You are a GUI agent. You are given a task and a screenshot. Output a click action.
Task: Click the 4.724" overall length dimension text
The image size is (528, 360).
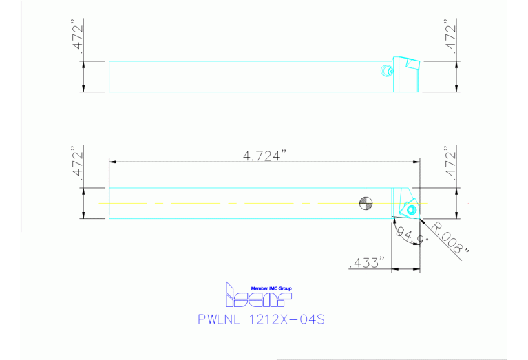tap(264, 156)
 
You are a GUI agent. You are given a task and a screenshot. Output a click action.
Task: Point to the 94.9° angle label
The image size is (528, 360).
tap(412, 237)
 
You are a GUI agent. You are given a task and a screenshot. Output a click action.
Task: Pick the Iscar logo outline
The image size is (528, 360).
tap(258, 295)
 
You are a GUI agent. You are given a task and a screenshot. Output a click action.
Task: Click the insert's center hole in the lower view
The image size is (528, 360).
tap(411, 209)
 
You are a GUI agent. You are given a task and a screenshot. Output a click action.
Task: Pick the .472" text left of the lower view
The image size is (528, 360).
tap(77, 162)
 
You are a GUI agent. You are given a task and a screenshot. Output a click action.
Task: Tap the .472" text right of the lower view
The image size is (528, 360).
tap(450, 162)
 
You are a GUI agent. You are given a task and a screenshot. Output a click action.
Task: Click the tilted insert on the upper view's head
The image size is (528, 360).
tap(412, 63)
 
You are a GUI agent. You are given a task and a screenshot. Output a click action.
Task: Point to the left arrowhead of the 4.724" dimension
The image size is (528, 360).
tap(113, 162)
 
